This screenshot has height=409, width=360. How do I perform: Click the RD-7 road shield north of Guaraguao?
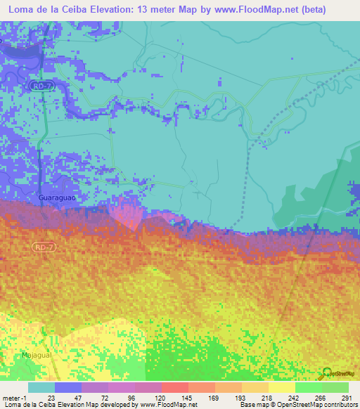pyautogui.click(x=39, y=84)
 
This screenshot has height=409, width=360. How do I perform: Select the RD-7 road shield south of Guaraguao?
pyautogui.click(x=41, y=247)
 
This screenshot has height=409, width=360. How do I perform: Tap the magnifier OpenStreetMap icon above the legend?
pyautogui.click(x=328, y=373)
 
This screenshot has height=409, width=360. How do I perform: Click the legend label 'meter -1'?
pyautogui.click(x=14, y=397)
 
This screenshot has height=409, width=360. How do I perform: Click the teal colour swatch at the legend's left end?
pyautogui.click(x=41, y=387)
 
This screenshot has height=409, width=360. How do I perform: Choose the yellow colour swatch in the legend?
pyautogui.click(x=281, y=387)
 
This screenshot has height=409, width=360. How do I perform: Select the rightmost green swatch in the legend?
pyautogui.click(x=335, y=387)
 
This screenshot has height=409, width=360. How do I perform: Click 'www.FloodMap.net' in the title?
pyautogui.click(x=245, y=9)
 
